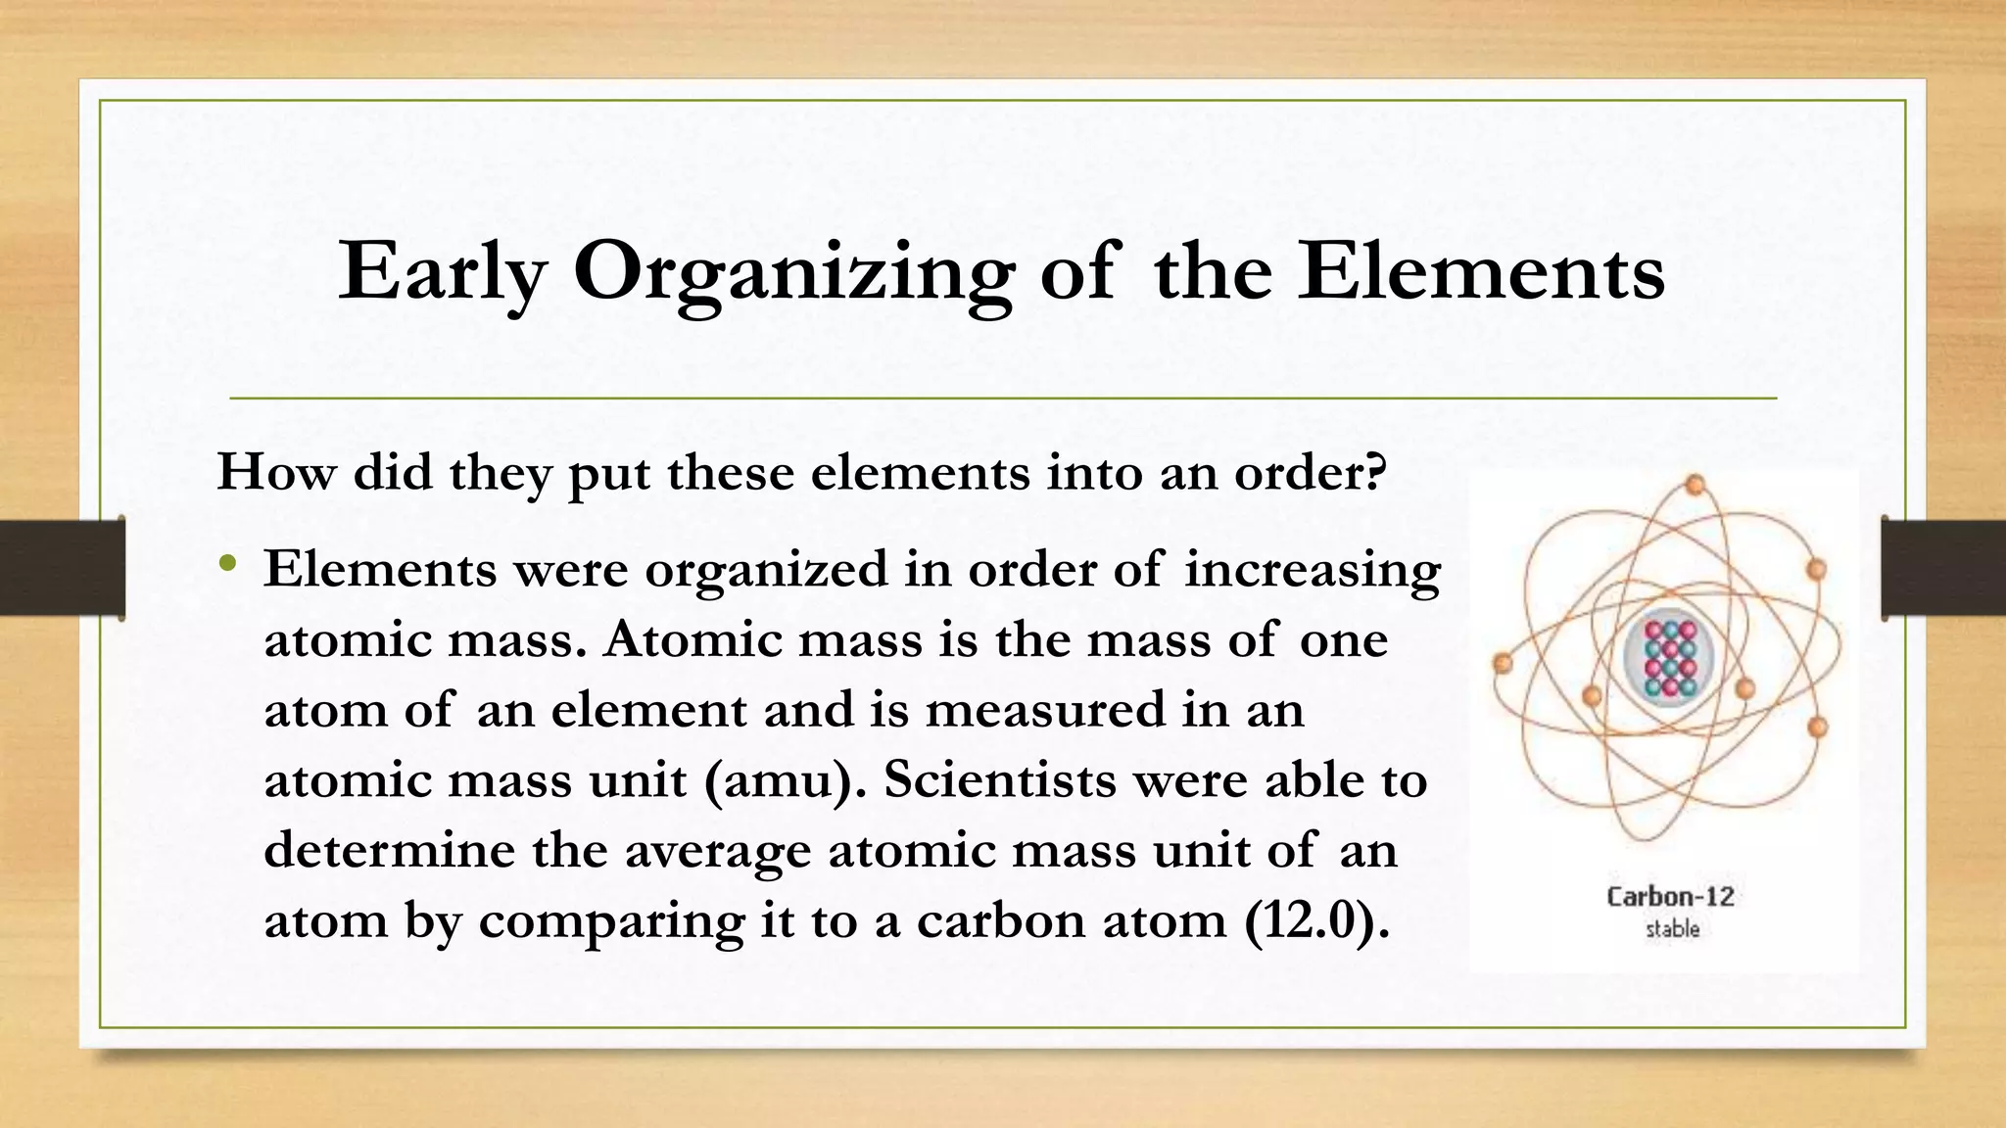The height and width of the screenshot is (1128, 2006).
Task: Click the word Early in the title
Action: coord(441,273)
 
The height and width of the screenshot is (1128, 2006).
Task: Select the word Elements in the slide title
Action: coord(1481,271)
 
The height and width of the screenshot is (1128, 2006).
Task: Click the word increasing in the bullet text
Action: coord(1313,571)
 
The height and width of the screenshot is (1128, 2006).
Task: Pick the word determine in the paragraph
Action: coord(389,850)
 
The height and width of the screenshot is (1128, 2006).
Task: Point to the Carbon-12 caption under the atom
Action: coord(1670,897)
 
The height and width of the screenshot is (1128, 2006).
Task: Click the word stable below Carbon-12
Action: coord(1672,928)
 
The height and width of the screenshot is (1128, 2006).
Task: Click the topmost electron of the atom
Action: coord(1695,484)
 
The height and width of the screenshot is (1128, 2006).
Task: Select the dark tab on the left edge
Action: coord(62,568)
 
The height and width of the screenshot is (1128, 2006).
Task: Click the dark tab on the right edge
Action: coord(1943,568)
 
